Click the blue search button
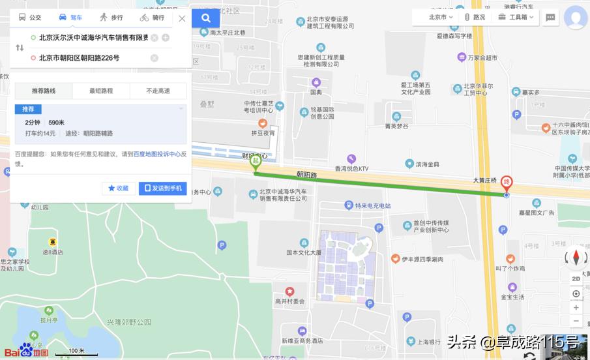(x=206, y=18)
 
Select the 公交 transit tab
(x=30, y=18)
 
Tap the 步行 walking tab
(x=111, y=18)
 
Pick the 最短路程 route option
(x=101, y=91)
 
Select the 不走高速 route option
(x=158, y=91)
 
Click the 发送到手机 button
(x=163, y=188)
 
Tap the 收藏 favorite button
(x=119, y=188)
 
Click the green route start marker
(x=256, y=162)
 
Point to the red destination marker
(x=506, y=184)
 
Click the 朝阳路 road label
(x=306, y=175)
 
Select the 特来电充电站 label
(x=372, y=206)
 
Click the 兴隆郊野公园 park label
(x=129, y=322)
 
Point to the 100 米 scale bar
(x=76, y=353)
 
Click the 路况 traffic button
(x=474, y=17)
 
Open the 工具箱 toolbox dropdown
(x=516, y=17)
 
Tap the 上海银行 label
(x=420, y=342)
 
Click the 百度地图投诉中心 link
(x=156, y=155)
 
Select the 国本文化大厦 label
(x=304, y=252)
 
